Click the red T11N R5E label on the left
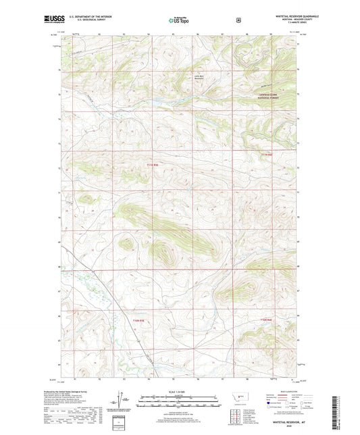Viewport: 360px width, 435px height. click(x=153, y=164)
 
